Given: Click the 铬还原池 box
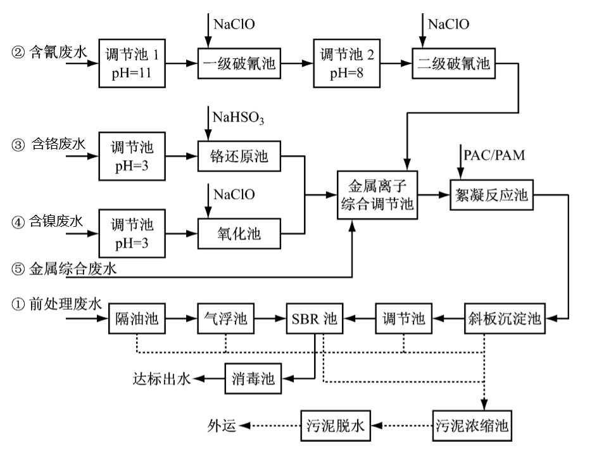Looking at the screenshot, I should click(x=239, y=157).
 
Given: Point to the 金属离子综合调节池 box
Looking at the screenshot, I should click(x=377, y=195).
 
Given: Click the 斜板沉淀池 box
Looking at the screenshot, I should click(x=504, y=318).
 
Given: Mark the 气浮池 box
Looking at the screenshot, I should click(x=225, y=318).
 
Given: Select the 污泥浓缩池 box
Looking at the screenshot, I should click(x=472, y=425).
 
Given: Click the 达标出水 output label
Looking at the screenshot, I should click(x=161, y=379).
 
